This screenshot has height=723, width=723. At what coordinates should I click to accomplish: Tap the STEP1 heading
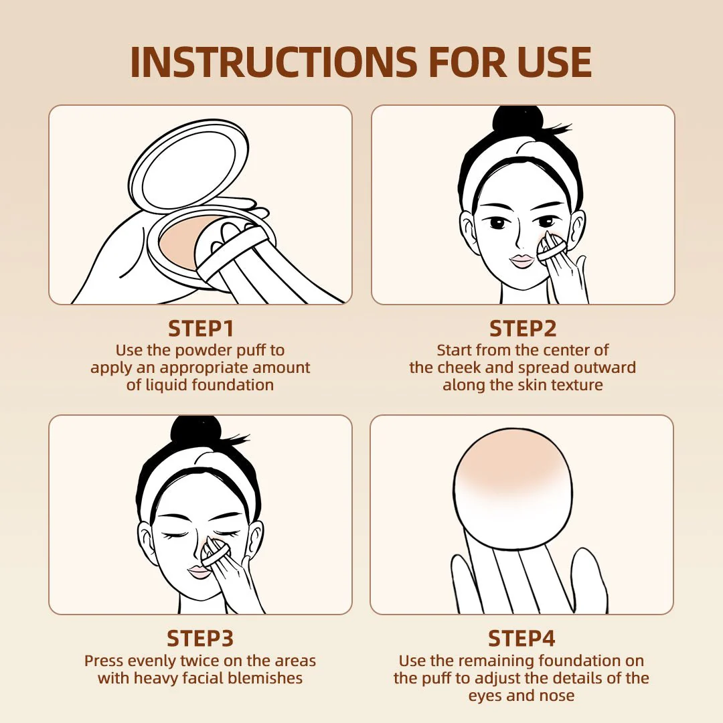pyautogui.click(x=200, y=329)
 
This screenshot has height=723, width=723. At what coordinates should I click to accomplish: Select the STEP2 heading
pyautogui.click(x=522, y=329)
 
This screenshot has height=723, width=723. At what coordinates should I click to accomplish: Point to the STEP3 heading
pyautogui.click(x=200, y=639)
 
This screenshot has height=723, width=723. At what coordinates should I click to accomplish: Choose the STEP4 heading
pyautogui.click(x=521, y=639)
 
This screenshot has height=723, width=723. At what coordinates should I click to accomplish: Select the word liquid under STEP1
pyautogui.click(x=166, y=385)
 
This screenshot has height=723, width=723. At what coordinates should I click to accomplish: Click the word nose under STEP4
pyautogui.click(x=556, y=696)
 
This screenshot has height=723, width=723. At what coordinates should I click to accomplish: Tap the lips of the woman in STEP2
pyautogui.click(x=521, y=260)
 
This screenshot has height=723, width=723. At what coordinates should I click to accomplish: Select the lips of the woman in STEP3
pyautogui.click(x=199, y=572)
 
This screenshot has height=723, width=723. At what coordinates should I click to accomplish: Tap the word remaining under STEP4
pyautogui.click(x=499, y=661)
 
